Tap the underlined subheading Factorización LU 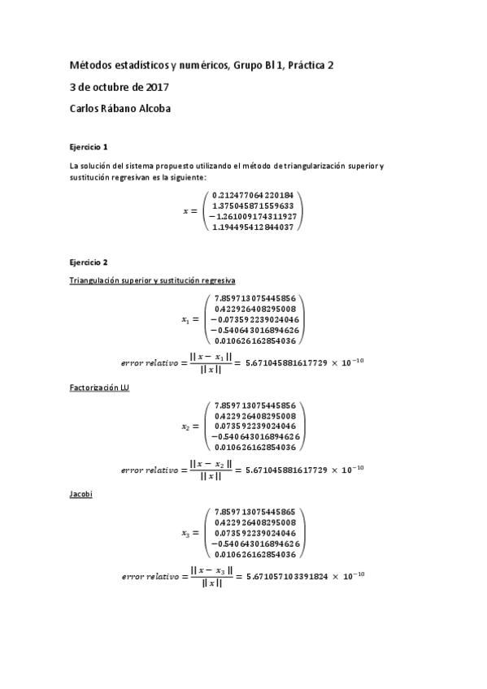coord(100,388)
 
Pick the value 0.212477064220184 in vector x coord(256,196)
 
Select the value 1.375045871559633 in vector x coord(256,206)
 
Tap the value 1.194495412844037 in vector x coord(256,227)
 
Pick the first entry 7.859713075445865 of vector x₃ coord(256,512)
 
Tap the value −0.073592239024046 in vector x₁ coord(254,319)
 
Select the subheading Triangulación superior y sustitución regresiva coord(152,280)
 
